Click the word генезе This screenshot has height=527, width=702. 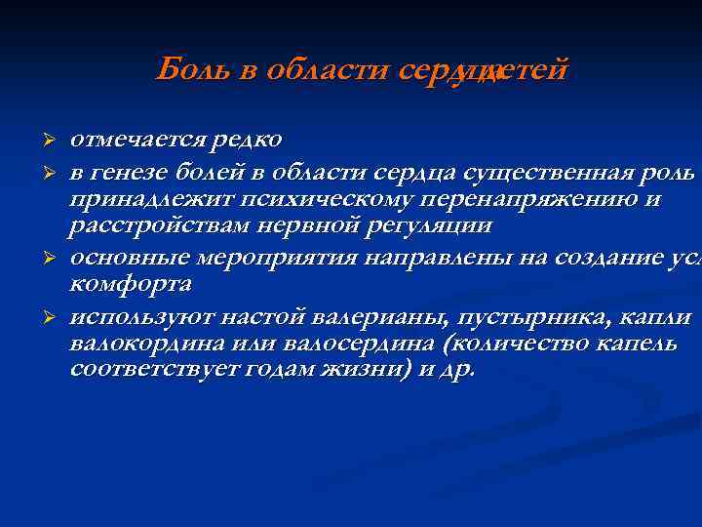click(128, 173)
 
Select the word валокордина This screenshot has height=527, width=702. click(149, 345)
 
